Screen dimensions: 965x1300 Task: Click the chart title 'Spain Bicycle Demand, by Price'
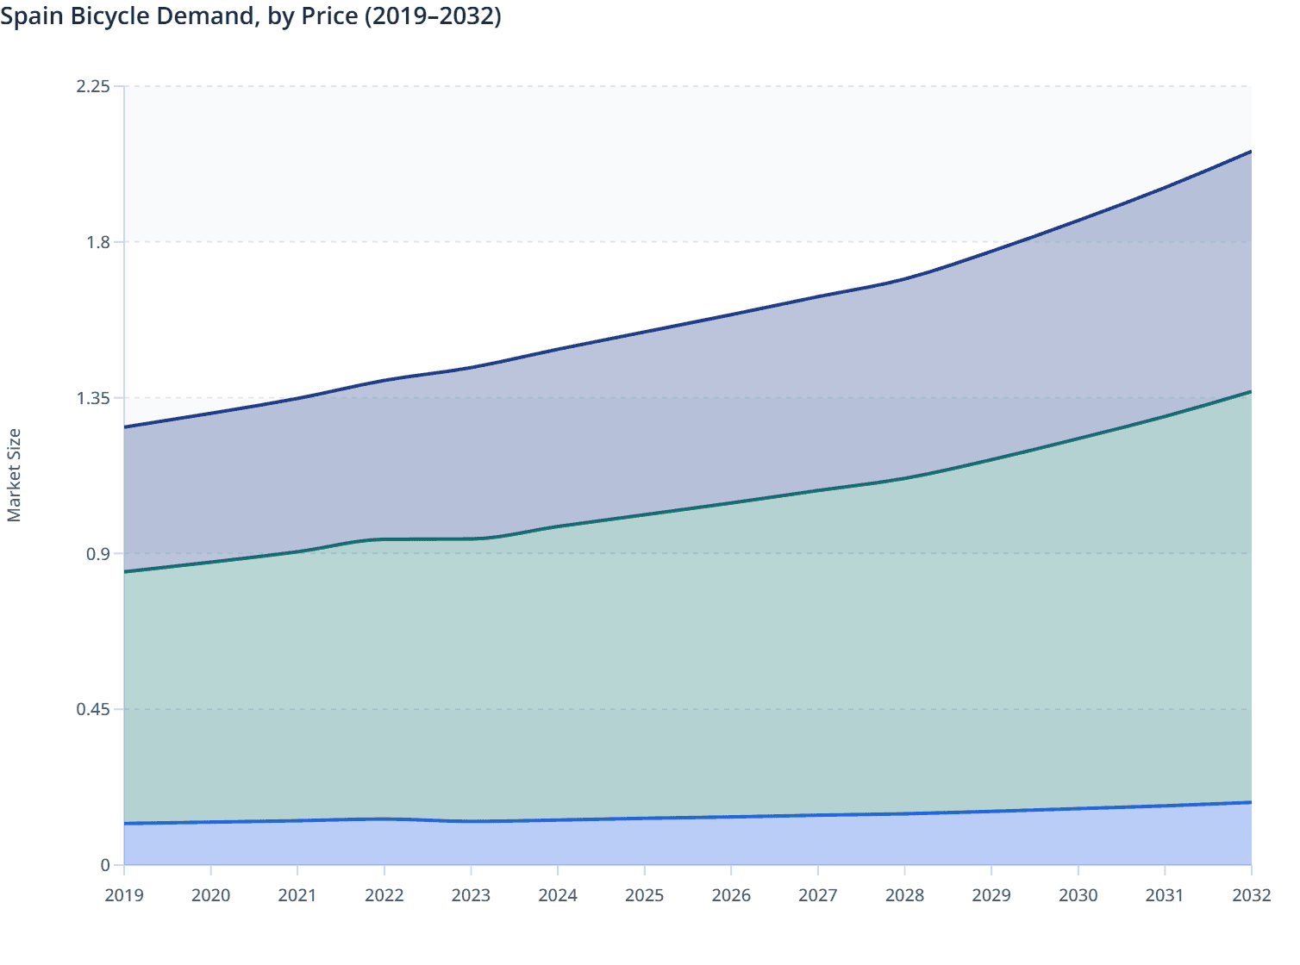point(250,16)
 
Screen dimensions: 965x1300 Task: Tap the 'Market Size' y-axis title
point(14,475)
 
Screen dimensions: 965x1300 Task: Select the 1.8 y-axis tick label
point(98,242)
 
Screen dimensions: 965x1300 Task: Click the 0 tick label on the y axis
point(105,865)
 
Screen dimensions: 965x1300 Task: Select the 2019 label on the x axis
point(124,895)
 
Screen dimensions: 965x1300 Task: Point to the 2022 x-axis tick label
point(384,895)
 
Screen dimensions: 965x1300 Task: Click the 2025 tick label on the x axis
point(645,895)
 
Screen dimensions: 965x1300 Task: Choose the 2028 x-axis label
point(904,895)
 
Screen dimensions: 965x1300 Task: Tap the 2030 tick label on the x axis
point(1078,895)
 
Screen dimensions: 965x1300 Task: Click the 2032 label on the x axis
point(1251,895)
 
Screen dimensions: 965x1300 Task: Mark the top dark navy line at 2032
point(1250,152)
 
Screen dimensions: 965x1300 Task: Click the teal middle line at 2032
point(1250,392)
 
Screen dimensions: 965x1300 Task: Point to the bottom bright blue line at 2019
point(126,824)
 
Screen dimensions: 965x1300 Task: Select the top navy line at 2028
point(904,279)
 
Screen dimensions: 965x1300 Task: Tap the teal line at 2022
point(384,539)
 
